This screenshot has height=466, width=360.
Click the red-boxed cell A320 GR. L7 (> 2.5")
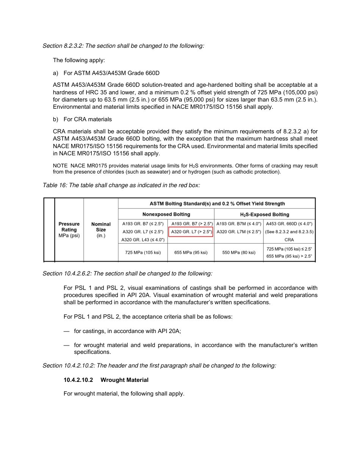point(191,231)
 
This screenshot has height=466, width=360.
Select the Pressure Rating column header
point(69,230)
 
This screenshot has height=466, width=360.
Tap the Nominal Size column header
point(101,230)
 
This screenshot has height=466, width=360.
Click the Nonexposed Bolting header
point(166,214)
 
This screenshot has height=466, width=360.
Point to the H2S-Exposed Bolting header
point(265,214)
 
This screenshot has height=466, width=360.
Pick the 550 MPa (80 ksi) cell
point(239,252)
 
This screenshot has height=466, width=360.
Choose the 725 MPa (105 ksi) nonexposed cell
point(143,252)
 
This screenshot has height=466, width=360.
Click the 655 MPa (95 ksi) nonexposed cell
point(191,252)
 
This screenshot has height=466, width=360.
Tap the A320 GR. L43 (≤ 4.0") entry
point(143,240)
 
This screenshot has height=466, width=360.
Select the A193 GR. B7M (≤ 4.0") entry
point(239,224)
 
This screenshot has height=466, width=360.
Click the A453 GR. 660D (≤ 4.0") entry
point(289,224)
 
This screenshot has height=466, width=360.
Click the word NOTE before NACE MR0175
point(60,166)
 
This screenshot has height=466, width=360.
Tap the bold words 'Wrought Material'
point(124,380)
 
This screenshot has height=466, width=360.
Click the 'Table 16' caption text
point(53,185)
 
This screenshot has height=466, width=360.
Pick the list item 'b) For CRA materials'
point(82,119)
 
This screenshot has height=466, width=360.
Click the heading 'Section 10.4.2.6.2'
point(65,274)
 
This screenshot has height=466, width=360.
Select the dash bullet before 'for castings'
point(66,331)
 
